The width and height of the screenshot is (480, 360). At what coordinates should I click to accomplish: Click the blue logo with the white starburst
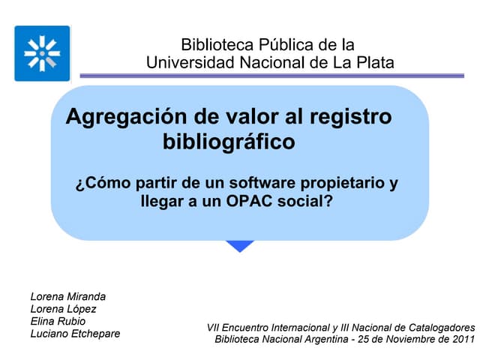42,53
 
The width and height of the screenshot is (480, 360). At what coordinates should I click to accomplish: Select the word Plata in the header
370,62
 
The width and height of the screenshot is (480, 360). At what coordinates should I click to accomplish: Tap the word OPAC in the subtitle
253,201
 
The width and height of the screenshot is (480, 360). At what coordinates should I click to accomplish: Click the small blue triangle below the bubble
240,246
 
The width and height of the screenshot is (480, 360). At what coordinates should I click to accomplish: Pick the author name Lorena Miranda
68,295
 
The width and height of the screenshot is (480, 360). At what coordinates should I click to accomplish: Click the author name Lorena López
63,308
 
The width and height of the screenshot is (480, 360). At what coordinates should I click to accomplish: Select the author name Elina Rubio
57,321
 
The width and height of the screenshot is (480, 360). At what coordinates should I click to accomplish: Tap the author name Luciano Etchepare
74,334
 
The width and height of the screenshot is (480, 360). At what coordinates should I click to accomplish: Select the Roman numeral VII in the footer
214,327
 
